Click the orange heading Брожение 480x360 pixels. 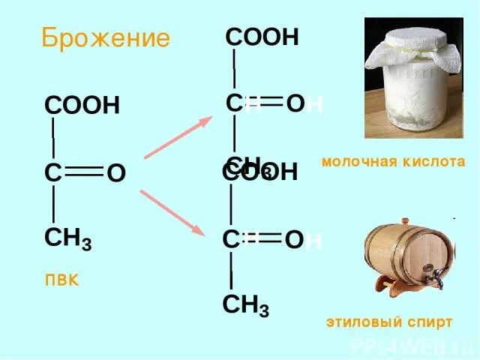click(x=105, y=37)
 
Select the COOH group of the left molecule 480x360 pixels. click(x=82, y=106)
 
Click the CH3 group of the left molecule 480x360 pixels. click(x=67, y=239)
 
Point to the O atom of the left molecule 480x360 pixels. click(x=115, y=174)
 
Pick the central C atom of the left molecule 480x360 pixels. click(x=52, y=174)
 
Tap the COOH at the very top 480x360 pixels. click(x=262, y=37)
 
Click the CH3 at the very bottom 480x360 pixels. click(x=246, y=306)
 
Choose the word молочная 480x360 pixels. click(x=355, y=161)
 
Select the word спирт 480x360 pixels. click(x=430, y=322)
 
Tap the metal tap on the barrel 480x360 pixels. click(x=433, y=277)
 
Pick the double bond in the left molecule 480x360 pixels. click(x=84, y=174)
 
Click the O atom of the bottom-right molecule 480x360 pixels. click(x=294, y=240)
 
